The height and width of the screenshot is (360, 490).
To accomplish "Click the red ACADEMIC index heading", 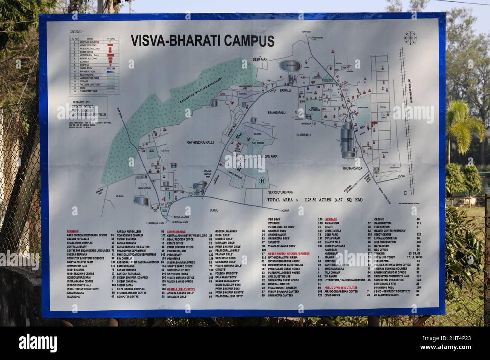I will [72, 230].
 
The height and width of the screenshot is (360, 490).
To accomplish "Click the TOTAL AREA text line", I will [315, 200].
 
